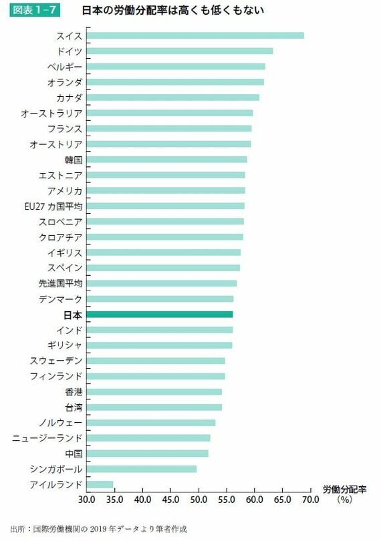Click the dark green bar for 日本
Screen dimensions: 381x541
(x=160, y=315)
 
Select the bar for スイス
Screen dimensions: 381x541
(x=195, y=35)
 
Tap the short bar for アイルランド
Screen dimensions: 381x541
(x=100, y=484)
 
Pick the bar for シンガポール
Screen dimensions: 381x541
(x=142, y=469)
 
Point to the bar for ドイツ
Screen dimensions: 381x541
(x=180, y=51)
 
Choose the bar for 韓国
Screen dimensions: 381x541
(x=167, y=160)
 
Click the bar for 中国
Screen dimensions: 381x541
(x=148, y=454)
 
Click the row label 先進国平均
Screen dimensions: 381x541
(x=60, y=283)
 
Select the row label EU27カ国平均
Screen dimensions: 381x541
(x=53, y=206)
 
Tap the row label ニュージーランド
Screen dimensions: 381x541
(x=47, y=438)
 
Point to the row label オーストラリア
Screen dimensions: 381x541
(x=52, y=113)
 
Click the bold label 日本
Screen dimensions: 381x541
(x=73, y=315)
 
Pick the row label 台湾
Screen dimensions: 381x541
(x=74, y=407)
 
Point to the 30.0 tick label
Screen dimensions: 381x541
(x=87, y=499)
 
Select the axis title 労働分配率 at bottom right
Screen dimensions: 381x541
(x=344, y=489)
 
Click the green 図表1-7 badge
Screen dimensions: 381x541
(x=35, y=9)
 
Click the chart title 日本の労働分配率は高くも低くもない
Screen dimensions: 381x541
(x=172, y=10)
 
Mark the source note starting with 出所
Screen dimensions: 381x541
(x=98, y=529)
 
